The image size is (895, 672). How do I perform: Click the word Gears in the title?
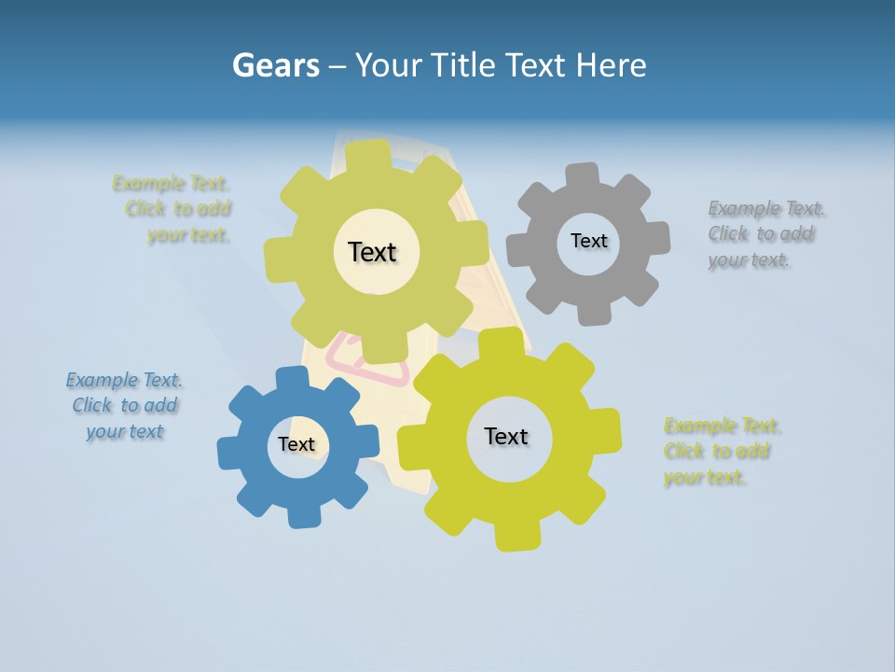click(275, 65)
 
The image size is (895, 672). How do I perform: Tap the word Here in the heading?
click(611, 65)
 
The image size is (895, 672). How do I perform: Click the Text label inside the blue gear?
click(296, 445)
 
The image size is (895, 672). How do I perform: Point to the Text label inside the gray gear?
click(588, 241)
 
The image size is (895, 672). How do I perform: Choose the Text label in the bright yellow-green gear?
click(506, 437)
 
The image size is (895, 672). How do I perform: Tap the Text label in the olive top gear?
click(372, 252)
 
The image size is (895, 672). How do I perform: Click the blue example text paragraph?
click(125, 405)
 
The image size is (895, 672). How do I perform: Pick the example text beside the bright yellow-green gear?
click(720, 452)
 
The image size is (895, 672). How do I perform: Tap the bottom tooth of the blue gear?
click(301, 515)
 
